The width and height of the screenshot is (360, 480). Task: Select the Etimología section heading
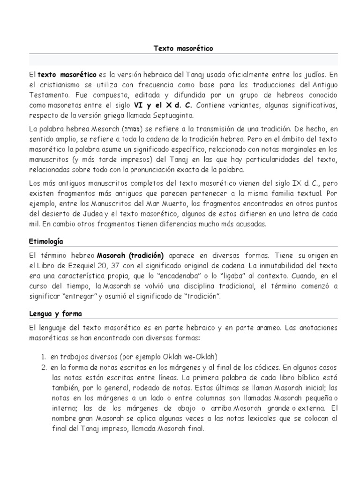(46, 241)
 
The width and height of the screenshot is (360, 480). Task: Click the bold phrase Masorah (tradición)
(130, 255)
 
